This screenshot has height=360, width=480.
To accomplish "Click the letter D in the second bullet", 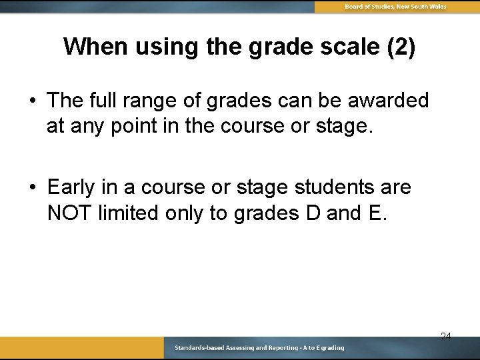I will coord(315,213).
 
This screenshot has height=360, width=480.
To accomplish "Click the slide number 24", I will coord(445,337).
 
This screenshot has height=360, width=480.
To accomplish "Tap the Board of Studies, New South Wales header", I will coord(395,7).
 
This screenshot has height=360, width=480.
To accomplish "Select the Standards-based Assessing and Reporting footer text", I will coord(259,348).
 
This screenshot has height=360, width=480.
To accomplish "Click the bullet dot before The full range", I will coord(33,101).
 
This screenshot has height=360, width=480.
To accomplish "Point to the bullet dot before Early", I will coord(33,188).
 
